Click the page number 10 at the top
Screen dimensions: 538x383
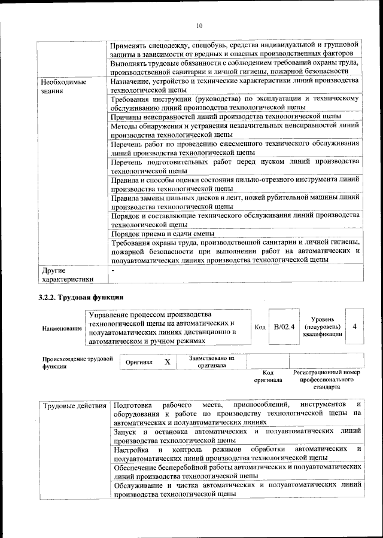[199, 26]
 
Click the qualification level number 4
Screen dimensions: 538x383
[355, 327]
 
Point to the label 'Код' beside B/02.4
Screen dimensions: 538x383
[260, 328]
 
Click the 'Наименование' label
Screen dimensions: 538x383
[62, 328]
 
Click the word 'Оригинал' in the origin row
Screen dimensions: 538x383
[139, 362]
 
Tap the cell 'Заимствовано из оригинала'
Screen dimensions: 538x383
[212, 362]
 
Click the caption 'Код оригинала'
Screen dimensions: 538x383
[268, 376]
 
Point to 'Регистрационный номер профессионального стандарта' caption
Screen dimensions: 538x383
[327, 379]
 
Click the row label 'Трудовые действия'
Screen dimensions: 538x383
[75, 406]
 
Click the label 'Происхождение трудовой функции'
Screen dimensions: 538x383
[77, 362]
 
